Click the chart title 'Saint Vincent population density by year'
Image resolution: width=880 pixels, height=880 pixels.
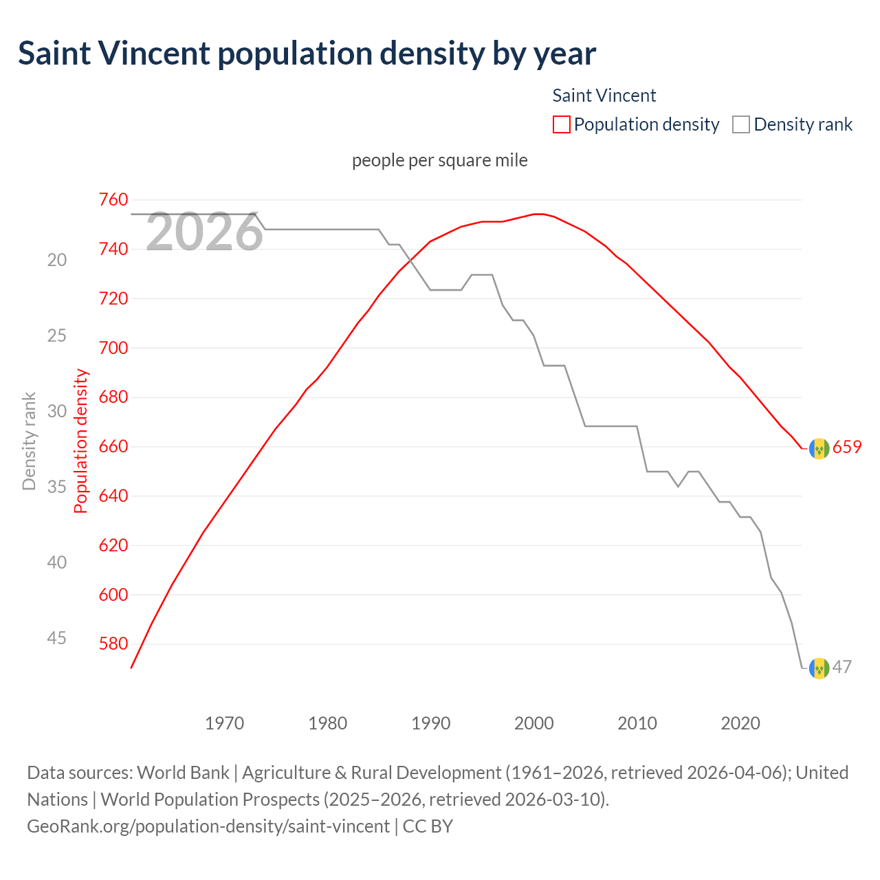307,54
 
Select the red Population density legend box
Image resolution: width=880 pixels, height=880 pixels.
561,124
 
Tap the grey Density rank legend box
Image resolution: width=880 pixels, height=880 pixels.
740,124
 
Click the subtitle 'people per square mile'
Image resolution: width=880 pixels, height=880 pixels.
439,160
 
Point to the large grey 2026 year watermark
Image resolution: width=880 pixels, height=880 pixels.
204,232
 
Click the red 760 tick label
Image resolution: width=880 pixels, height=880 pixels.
113,200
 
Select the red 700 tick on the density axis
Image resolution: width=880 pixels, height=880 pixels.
113,348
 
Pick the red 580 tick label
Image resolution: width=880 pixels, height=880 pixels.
113,644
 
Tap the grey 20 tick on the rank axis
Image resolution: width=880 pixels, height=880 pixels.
57,260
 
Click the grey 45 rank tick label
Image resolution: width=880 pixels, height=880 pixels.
57,638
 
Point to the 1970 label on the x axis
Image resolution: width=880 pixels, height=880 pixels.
225,723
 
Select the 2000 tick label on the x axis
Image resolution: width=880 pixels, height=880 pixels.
534,723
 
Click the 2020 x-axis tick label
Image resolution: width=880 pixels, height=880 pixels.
740,723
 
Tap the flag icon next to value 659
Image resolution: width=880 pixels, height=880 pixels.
819,448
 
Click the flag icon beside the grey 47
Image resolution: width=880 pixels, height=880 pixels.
819,668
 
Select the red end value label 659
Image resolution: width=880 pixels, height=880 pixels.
847,448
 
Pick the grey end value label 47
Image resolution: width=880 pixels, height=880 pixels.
842,667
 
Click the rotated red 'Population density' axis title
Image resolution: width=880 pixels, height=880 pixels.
81,441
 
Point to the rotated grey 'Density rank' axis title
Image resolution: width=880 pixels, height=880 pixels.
29,441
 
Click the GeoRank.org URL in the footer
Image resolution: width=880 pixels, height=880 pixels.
208,826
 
